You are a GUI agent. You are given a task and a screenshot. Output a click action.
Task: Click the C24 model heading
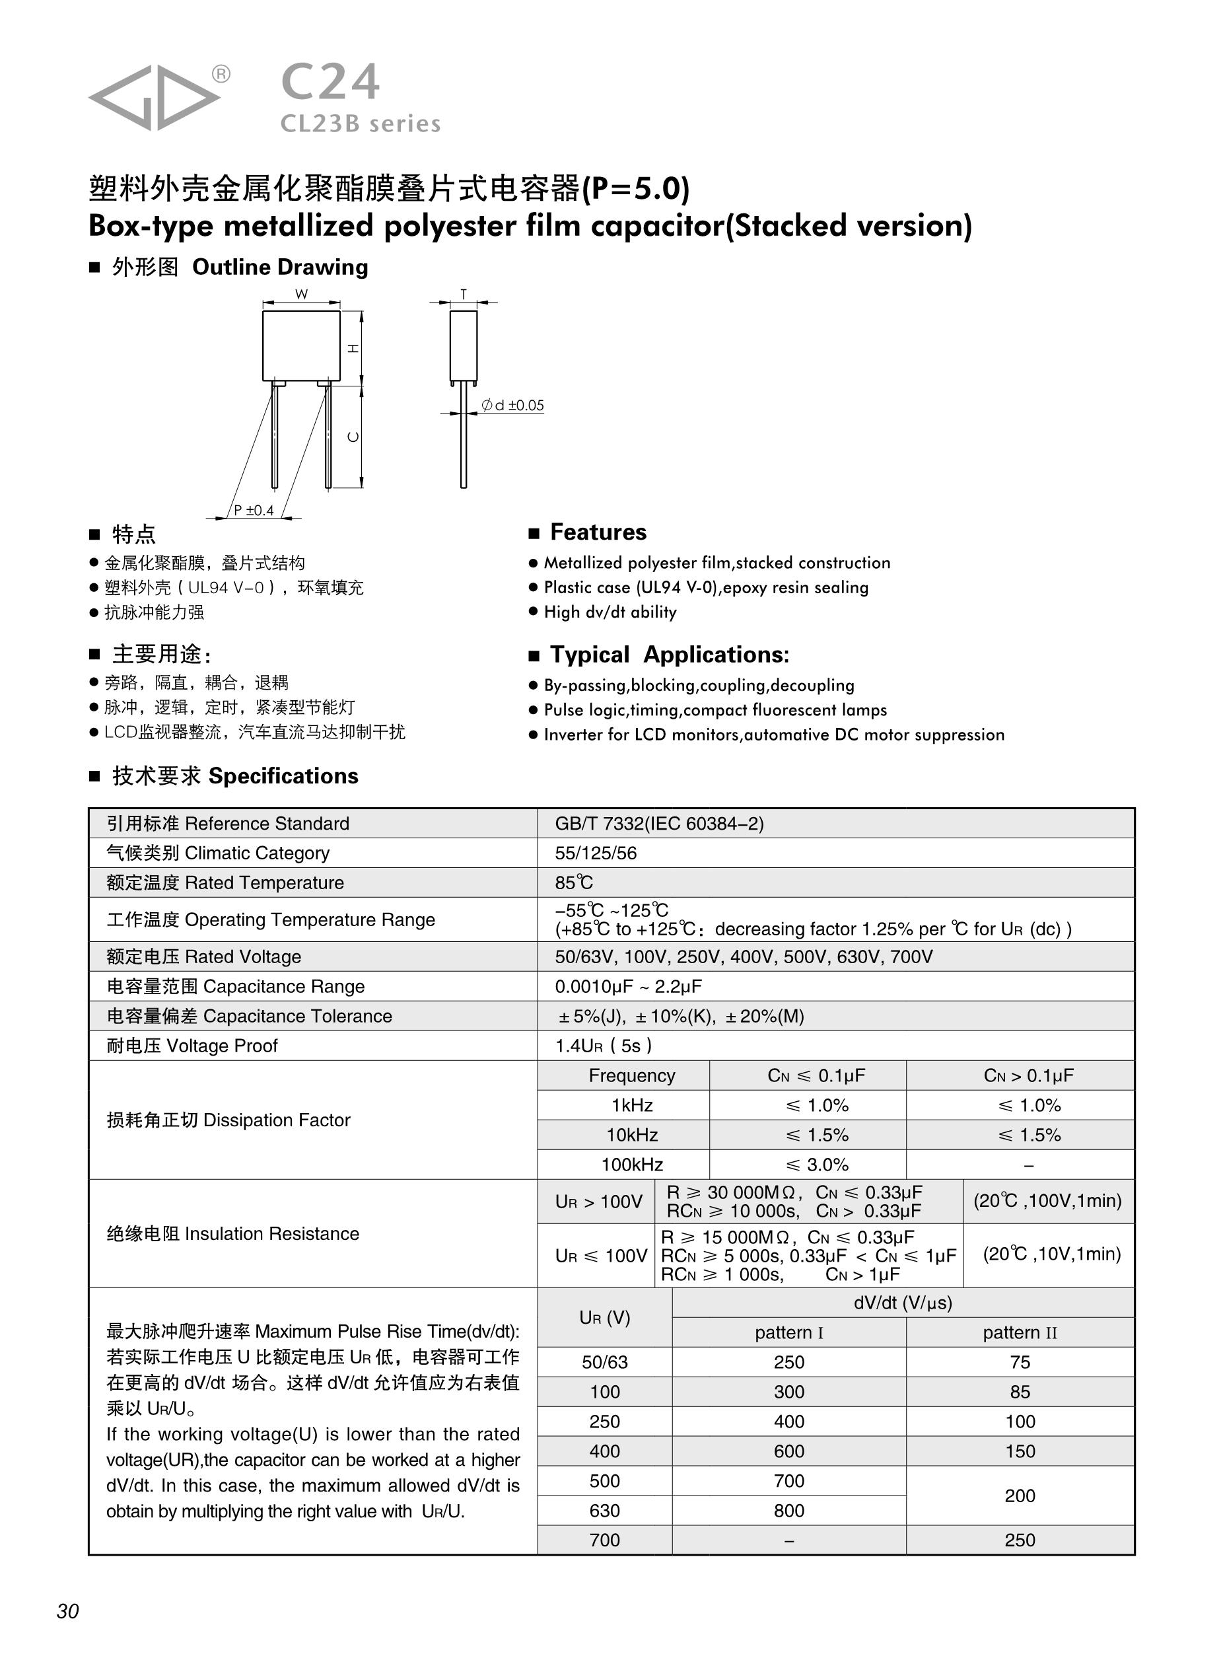point(330,81)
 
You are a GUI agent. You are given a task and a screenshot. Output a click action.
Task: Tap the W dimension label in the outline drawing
point(301,294)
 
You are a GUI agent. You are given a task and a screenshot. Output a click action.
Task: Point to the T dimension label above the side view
point(464,294)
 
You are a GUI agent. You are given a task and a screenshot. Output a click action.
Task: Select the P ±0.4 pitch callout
point(253,510)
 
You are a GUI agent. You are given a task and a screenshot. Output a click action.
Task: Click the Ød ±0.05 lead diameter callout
point(512,405)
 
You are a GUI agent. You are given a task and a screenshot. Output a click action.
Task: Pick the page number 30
point(67,1611)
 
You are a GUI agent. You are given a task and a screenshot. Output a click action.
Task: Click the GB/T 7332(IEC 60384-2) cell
point(659,823)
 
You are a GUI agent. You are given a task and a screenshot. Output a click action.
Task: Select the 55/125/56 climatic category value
point(595,853)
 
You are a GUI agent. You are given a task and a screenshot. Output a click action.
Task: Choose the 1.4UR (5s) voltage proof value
point(603,1046)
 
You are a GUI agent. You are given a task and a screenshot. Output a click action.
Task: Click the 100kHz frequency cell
point(631,1165)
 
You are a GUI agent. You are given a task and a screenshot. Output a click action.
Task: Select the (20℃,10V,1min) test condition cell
point(1051,1254)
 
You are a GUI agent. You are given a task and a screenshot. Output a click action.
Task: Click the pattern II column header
point(1020,1333)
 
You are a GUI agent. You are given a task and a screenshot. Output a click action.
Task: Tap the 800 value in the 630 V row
point(788,1511)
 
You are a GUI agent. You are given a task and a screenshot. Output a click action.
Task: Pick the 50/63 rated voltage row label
point(604,1362)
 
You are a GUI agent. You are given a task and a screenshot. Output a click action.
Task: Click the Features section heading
point(598,532)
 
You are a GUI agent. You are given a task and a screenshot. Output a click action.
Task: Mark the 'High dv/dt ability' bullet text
point(610,612)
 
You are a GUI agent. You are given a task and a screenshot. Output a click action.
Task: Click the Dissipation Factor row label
point(228,1120)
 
